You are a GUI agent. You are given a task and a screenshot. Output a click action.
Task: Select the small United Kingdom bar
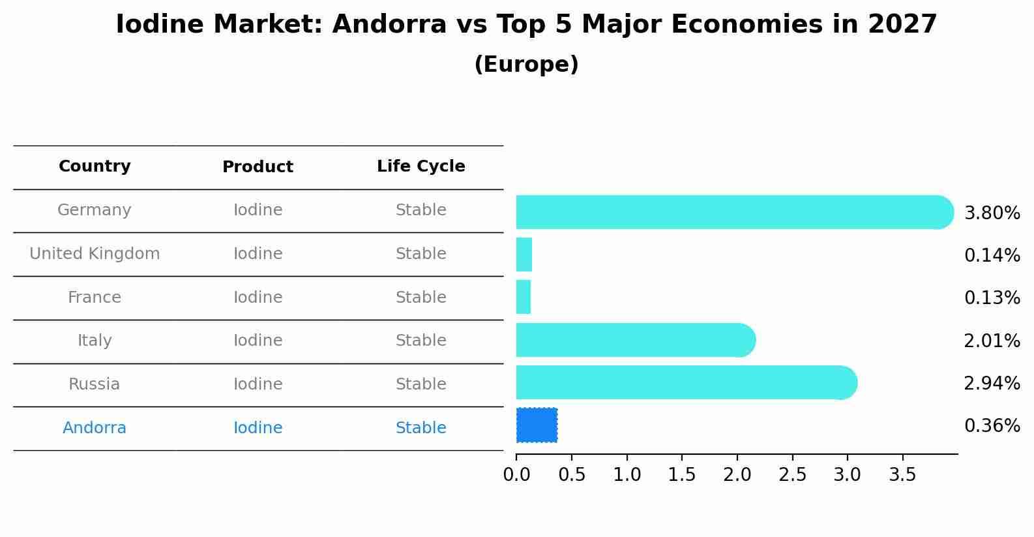[x=524, y=254]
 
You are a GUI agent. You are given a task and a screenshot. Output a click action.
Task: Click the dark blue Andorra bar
[x=537, y=425]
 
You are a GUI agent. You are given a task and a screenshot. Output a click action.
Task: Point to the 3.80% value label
[x=992, y=213]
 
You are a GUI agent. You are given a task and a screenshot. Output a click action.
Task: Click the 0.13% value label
[x=992, y=298]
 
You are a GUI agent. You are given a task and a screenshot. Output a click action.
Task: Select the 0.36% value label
[x=992, y=426]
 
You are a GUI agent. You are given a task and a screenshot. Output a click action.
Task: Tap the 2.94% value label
[x=992, y=384]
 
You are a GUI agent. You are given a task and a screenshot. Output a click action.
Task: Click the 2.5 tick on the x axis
[x=792, y=475]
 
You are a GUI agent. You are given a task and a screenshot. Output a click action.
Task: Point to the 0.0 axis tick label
[x=516, y=475]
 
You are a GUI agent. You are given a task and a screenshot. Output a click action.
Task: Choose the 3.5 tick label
[x=902, y=475]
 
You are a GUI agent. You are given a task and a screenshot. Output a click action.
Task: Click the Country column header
[x=95, y=166]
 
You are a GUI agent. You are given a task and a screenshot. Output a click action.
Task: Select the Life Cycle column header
[x=421, y=166]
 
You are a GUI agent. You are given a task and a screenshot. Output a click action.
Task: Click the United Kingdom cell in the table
[x=95, y=254]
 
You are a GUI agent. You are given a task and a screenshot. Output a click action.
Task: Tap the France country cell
[x=95, y=298]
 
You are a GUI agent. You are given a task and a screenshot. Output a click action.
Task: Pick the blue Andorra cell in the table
[x=95, y=428]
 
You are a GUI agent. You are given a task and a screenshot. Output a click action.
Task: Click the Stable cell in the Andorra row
[x=421, y=428]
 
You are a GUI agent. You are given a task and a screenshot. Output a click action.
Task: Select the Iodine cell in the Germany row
[x=258, y=210]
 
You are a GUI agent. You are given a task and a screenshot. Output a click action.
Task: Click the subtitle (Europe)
[x=526, y=65]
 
